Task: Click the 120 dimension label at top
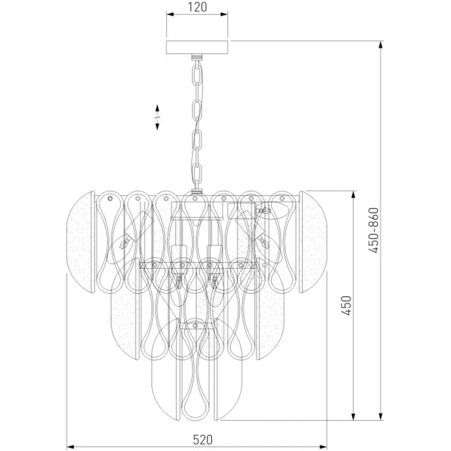pyautogui.click(x=198, y=7)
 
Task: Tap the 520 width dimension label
pyautogui.click(x=203, y=440)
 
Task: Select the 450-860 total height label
pyautogui.click(x=374, y=230)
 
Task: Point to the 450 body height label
pyautogui.click(x=347, y=306)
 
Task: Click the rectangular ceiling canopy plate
pyautogui.click(x=197, y=47)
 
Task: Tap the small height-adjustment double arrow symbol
pyautogui.click(x=157, y=117)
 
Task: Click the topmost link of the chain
pyautogui.click(x=197, y=75)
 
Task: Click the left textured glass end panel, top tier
pyautogui.click(x=80, y=242)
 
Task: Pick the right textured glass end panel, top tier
pyautogui.click(x=313, y=242)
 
